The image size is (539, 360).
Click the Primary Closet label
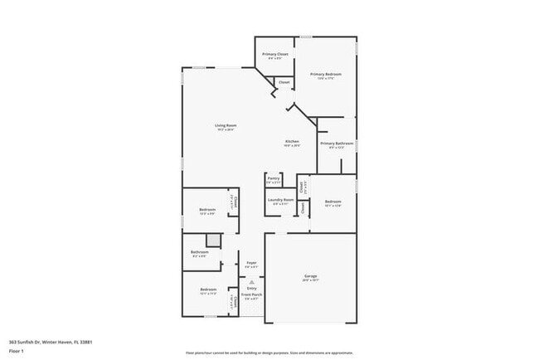click(x=275, y=55)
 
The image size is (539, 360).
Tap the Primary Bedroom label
click(x=326, y=75)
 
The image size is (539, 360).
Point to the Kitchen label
click(x=292, y=142)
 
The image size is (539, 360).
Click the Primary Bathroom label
click(x=337, y=144)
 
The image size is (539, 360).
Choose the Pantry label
click(x=274, y=178)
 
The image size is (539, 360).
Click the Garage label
click(x=310, y=276)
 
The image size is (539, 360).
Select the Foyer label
click(x=251, y=263)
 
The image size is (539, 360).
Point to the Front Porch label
click(x=251, y=295)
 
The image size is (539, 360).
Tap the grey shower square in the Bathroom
click(x=214, y=241)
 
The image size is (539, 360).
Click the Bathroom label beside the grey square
click(x=199, y=252)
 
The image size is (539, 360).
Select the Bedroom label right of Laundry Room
click(x=333, y=202)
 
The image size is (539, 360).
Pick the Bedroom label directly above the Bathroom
click(x=207, y=210)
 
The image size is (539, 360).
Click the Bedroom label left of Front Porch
click(x=207, y=289)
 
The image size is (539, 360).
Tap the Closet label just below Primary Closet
click(x=284, y=82)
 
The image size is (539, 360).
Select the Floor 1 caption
click(x=17, y=351)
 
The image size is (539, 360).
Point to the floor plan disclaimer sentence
click(x=269, y=352)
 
